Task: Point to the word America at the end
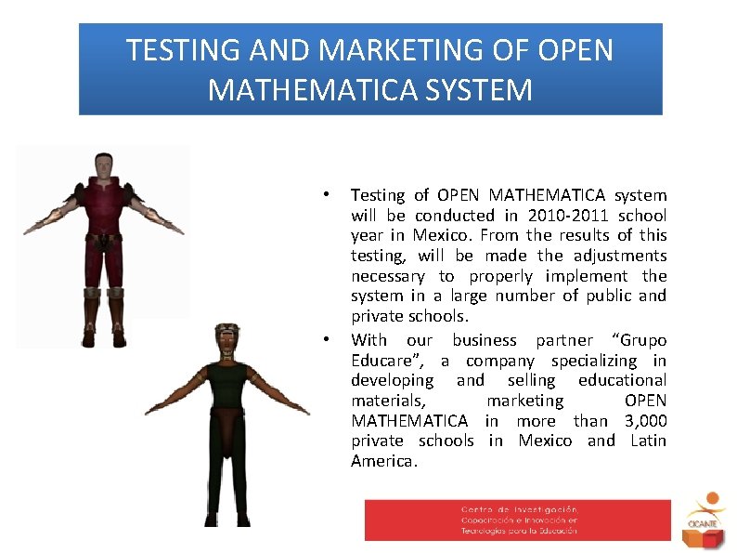[x=383, y=462]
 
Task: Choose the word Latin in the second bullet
[x=648, y=441]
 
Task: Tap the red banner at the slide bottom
[x=517, y=520]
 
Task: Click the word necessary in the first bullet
[x=387, y=276]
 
